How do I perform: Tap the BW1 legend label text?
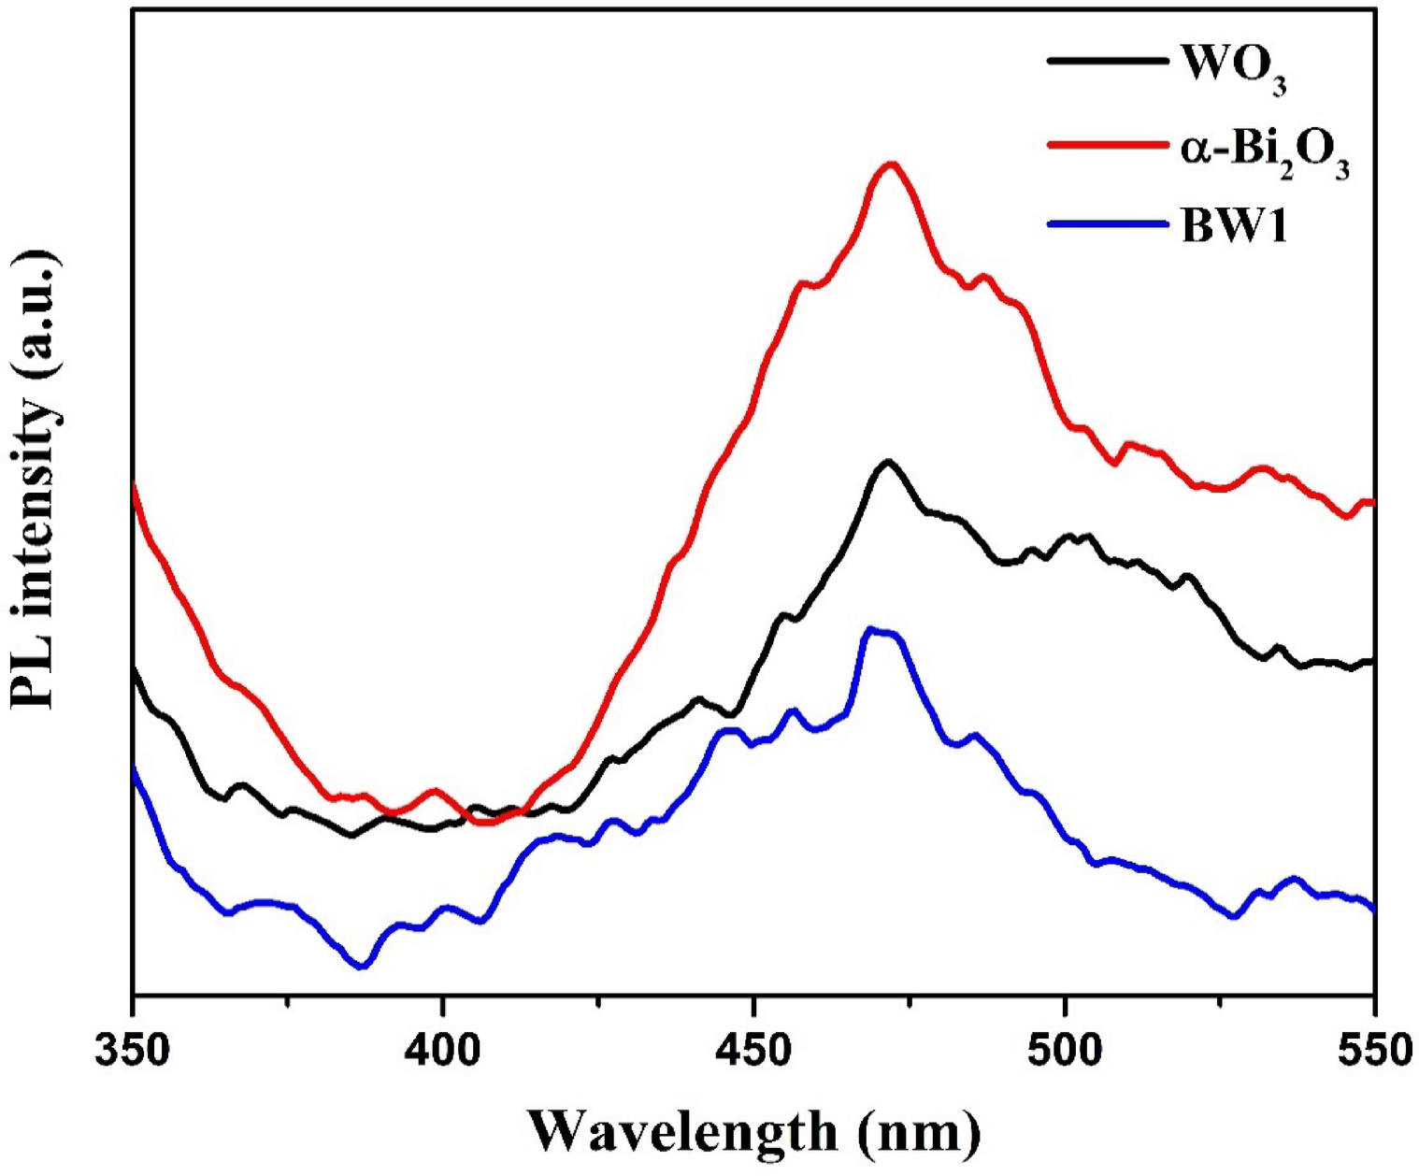click(1234, 226)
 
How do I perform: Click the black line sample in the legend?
click(1108, 61)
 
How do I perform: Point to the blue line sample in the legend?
click(1108, 224)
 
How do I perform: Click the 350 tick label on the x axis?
click(134, 1051)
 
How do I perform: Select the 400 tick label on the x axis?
click(443, 1051)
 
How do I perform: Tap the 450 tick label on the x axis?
click(753, 1051)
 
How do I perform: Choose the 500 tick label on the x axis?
click(1065, 1051)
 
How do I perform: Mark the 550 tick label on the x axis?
click(1372, 1051)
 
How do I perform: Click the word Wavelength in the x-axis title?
click(682, 1132)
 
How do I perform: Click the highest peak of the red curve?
click(892, 165)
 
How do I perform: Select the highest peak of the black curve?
click(888, 462)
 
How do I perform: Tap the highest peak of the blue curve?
click(871, 630)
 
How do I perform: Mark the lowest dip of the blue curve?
click(362, 967)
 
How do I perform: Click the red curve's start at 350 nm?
click(135, 485)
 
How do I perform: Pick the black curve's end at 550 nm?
click(1372, 662)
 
